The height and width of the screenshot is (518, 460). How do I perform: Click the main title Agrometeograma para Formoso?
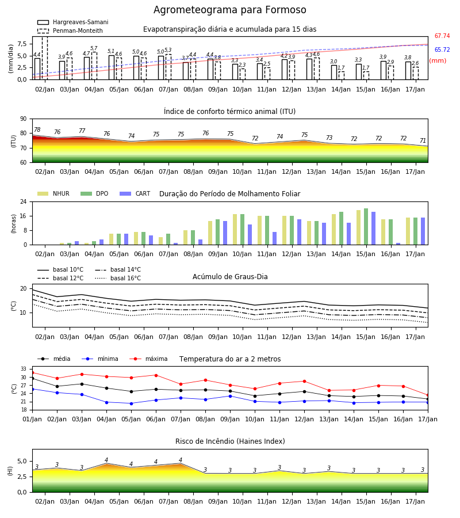coord(229,10)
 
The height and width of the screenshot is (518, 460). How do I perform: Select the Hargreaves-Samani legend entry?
coord(73,22)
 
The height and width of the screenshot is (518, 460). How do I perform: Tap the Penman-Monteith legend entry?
coord(70,31)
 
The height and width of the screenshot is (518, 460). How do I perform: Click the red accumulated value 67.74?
coord(442,36)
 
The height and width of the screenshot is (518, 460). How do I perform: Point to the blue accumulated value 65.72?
coord(442,50)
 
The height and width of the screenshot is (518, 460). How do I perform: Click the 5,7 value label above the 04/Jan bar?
coord(94,48)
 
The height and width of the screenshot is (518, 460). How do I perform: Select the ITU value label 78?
coord(37,130)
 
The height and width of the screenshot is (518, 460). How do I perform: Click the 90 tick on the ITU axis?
coord(24,119)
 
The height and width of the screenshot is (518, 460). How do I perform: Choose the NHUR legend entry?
coord(53,193)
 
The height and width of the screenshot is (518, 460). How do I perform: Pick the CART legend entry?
coord(135,193)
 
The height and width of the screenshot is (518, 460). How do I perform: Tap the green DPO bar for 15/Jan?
coord(366,227)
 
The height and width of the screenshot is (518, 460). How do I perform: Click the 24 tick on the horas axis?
coord(24,201)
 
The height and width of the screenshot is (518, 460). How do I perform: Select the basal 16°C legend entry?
coord(118,278)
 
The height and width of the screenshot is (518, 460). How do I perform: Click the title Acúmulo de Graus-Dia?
coord(230,276)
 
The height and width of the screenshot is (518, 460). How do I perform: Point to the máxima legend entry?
coord(148,359)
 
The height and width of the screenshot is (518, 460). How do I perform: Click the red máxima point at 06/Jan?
coord(156,375)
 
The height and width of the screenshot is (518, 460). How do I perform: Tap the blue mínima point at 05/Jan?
coord(131,403)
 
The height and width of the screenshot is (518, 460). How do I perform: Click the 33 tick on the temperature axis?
coord(24,369)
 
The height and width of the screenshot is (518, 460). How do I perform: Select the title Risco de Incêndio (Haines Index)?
coord(230,441)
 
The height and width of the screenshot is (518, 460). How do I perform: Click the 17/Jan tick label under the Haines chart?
coord(415,501)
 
